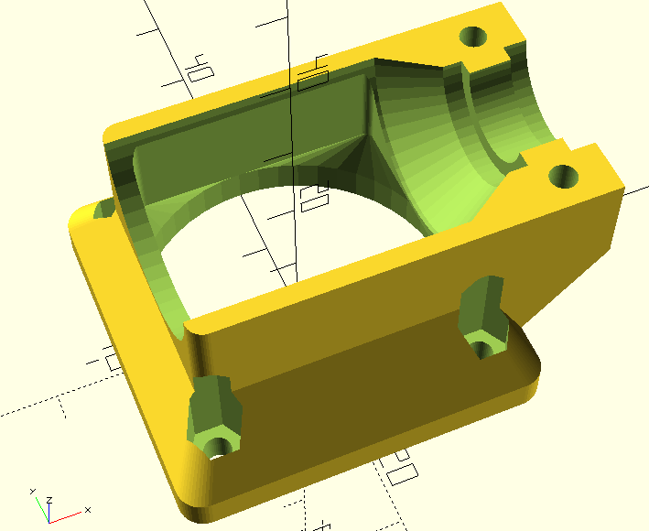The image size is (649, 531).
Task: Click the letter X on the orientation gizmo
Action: tap(87, 509)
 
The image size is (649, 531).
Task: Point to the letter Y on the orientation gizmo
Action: tap(32, 492)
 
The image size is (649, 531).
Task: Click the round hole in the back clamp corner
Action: tap(473, 38)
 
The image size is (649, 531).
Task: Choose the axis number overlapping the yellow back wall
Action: tap(313, 72)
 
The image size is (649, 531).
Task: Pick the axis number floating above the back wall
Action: tap(196, 68)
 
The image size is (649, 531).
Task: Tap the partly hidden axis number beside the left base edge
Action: tap(113, 358)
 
